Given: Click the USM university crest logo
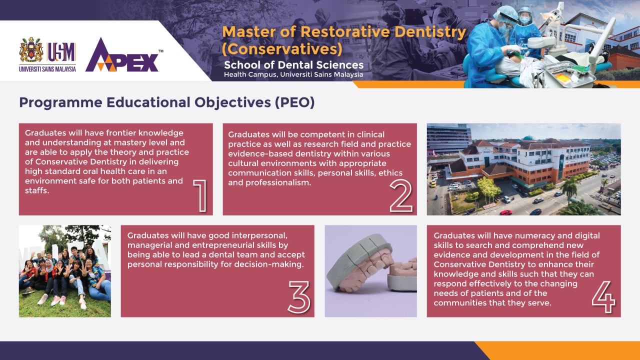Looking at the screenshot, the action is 31,49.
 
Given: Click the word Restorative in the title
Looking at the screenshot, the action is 345,31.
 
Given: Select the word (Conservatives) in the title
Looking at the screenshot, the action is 282,49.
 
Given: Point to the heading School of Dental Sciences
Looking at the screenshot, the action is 293,65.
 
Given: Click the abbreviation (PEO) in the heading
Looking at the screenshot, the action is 294,102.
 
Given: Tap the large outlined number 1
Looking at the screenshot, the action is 200,195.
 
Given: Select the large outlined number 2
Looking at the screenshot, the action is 401,195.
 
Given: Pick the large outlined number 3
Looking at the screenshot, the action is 299,297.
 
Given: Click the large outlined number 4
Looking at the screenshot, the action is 603,297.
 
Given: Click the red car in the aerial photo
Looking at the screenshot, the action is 505,212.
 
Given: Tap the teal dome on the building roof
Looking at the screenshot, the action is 529,137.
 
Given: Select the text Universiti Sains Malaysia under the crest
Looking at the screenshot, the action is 47,69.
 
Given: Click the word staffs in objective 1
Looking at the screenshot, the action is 37,190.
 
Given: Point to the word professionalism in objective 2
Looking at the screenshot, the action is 278,182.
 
